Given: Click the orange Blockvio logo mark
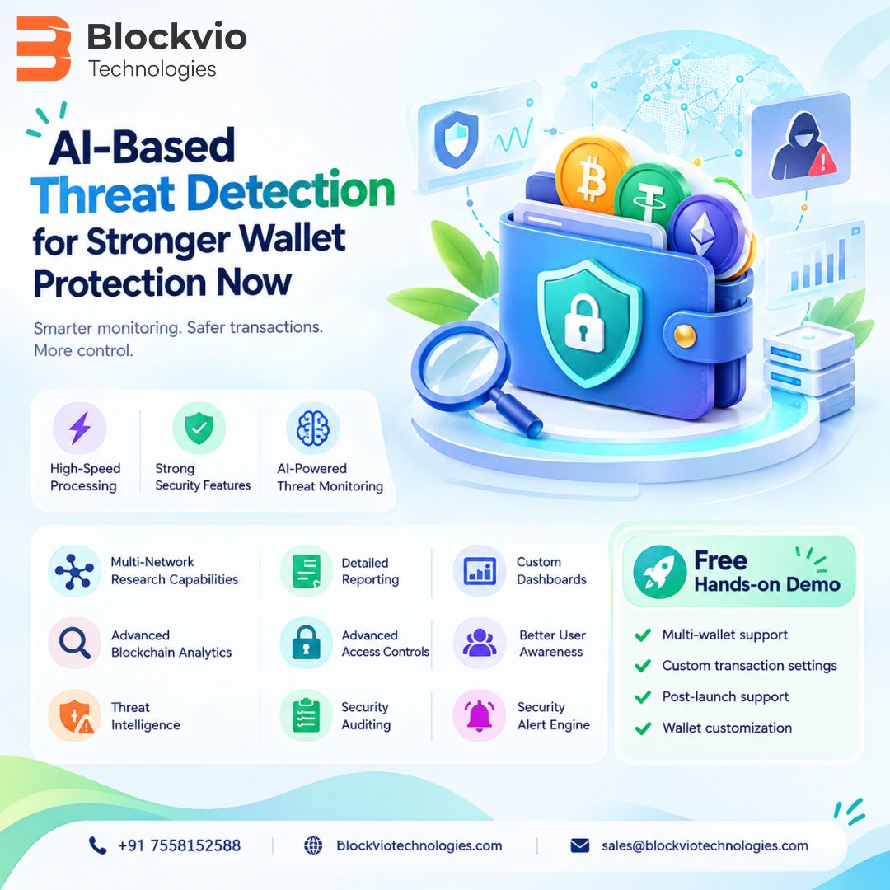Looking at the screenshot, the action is tap(44, 49).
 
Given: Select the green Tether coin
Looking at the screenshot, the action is tap(651, 199).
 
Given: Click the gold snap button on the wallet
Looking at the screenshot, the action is tap(685, 336).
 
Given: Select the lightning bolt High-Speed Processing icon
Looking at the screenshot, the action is tap(79, 428).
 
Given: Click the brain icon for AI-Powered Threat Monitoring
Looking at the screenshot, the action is tap(313, 428).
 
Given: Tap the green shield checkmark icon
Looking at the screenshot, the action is tap(199, 428).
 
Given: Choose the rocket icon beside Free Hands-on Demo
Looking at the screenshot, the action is tap(659, 572).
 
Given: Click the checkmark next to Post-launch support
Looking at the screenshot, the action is tap(643, 696).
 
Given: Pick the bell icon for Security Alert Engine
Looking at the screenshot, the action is tap(479, 714).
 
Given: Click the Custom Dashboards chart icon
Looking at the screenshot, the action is tap(479, 571).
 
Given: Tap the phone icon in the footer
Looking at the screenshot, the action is tap(97, 845).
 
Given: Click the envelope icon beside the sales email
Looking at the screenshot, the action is tap(579, 845).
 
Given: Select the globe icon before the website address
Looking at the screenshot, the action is tap(313, 845).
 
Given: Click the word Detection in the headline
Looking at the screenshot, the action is tap(291, 191).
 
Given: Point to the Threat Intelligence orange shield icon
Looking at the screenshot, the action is tap(74, 715).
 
